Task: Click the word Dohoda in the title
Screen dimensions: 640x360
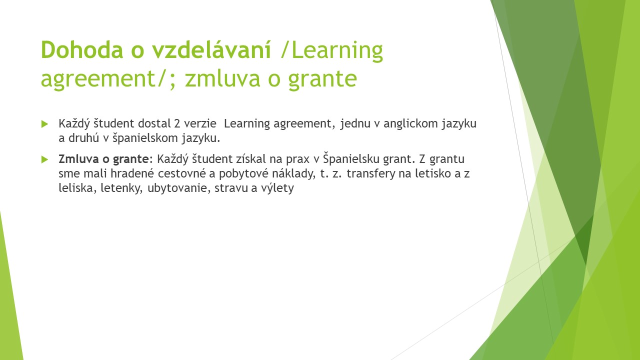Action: tap(82, 49)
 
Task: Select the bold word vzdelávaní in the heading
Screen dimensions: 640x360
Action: tap(211, 49)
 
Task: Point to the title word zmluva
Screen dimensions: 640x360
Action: tap(222, 78)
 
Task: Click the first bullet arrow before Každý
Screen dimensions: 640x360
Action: tap(44, 124)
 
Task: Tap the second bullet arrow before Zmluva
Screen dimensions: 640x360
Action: tap(44, 159)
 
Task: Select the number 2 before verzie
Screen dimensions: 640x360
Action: tap(177, 123)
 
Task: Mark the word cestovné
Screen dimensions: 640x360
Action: tap(181, 173)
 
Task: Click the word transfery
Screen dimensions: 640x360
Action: tap(371, 174)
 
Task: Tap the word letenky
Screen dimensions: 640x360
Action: tap(121, 188)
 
